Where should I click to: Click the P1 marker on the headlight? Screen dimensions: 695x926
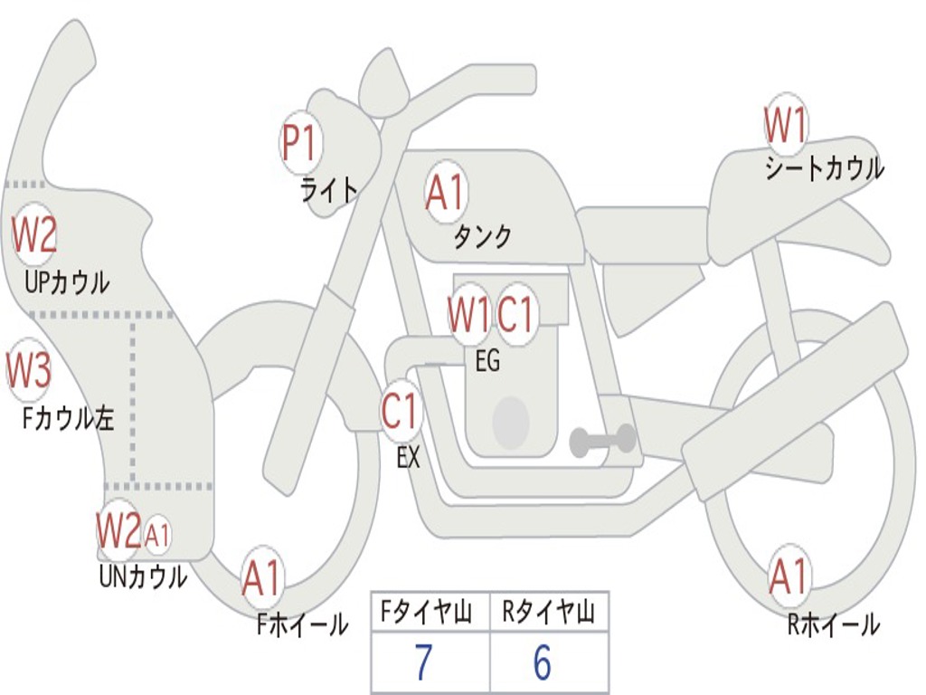tap(300, 143)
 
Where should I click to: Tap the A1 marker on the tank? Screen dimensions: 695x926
tap(445, 193)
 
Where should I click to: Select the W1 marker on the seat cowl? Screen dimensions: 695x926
tap(785, 125)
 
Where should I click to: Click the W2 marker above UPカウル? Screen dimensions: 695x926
tap(34, 234)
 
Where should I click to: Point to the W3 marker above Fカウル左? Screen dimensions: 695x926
tap(28, 369)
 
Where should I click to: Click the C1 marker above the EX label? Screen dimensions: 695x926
tap(401, 412)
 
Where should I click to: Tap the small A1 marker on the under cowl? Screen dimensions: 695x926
tap(157, 536)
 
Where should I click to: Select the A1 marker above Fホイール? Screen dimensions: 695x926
tap(262, 577)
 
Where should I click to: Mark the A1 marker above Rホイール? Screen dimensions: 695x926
tap(789, 576)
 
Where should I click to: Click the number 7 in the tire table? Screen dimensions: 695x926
tap(423, 663)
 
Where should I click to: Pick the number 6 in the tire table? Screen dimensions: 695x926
tap(542, 663)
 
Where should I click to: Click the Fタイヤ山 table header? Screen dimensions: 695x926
tap(423, 613)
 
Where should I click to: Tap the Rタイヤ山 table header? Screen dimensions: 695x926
tap(549, 613)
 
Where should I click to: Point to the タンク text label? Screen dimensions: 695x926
tap(482, 236)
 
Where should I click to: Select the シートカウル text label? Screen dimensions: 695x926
tap(824, 168)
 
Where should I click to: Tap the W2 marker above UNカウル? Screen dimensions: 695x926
tap(118, 529)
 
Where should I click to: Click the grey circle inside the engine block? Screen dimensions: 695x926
tap(511, 422)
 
